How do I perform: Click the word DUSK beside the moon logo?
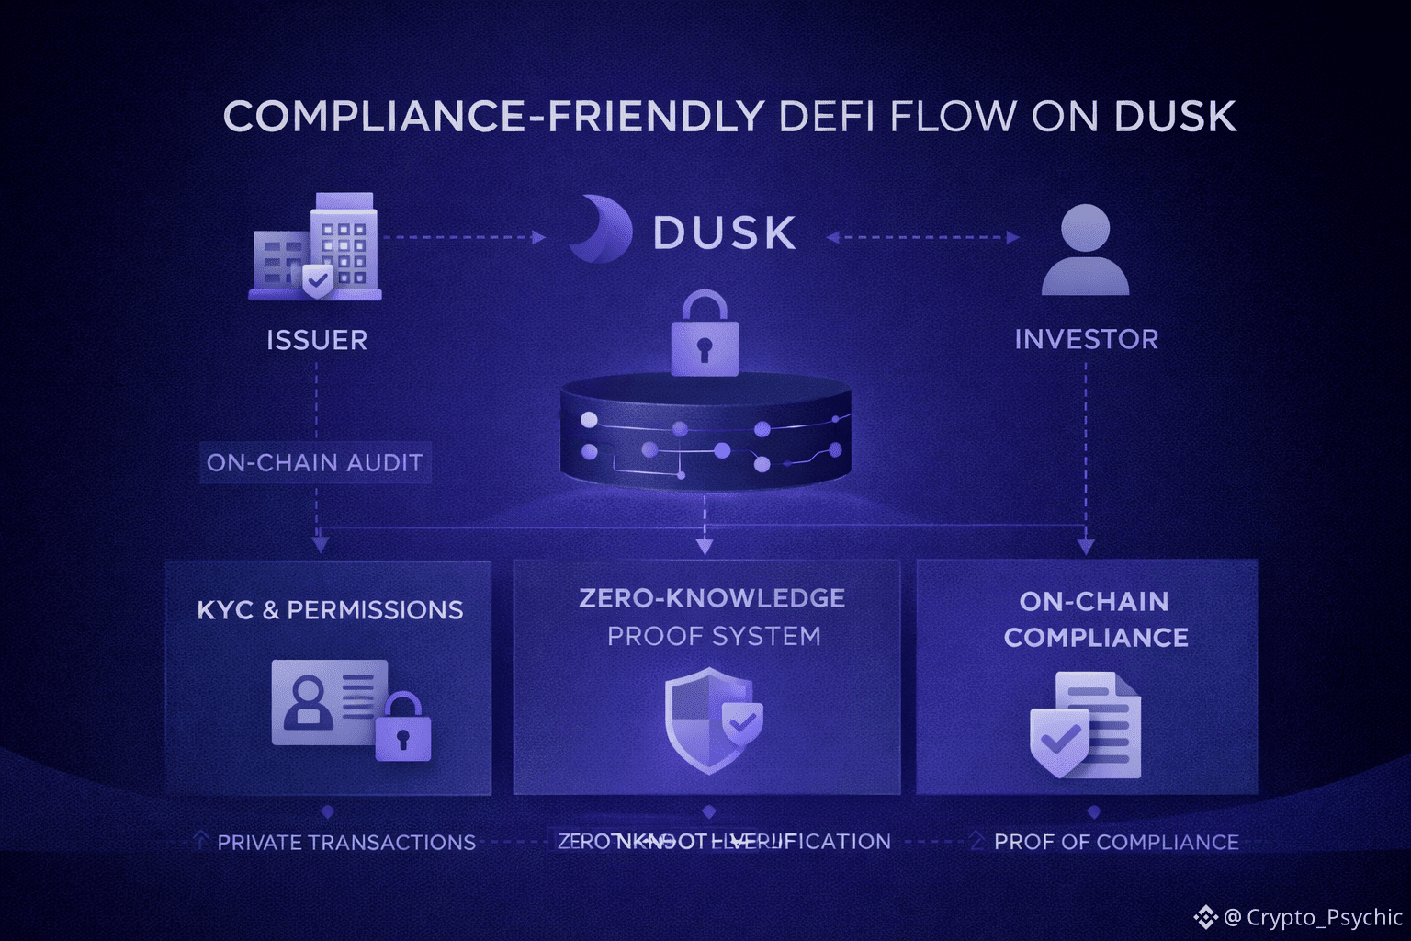[724, 233]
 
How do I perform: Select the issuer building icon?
[316, 246]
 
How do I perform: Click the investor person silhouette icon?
[1085, 250]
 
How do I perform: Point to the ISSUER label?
[317, 340]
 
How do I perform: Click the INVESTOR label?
[1086, 339]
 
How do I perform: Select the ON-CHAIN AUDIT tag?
[315, 462]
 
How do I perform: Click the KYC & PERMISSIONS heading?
[330, 610]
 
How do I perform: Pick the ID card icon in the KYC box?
[329, 703]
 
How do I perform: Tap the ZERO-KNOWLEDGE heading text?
[712, 598]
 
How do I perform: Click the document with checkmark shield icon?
[1086, 725]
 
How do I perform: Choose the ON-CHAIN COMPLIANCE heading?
[1095, 619]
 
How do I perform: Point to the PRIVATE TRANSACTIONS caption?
[346, 842]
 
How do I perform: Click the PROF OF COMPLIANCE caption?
[1116, 842]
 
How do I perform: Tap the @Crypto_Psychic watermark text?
[1312, 917]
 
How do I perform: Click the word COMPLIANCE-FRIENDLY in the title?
[493, 118]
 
